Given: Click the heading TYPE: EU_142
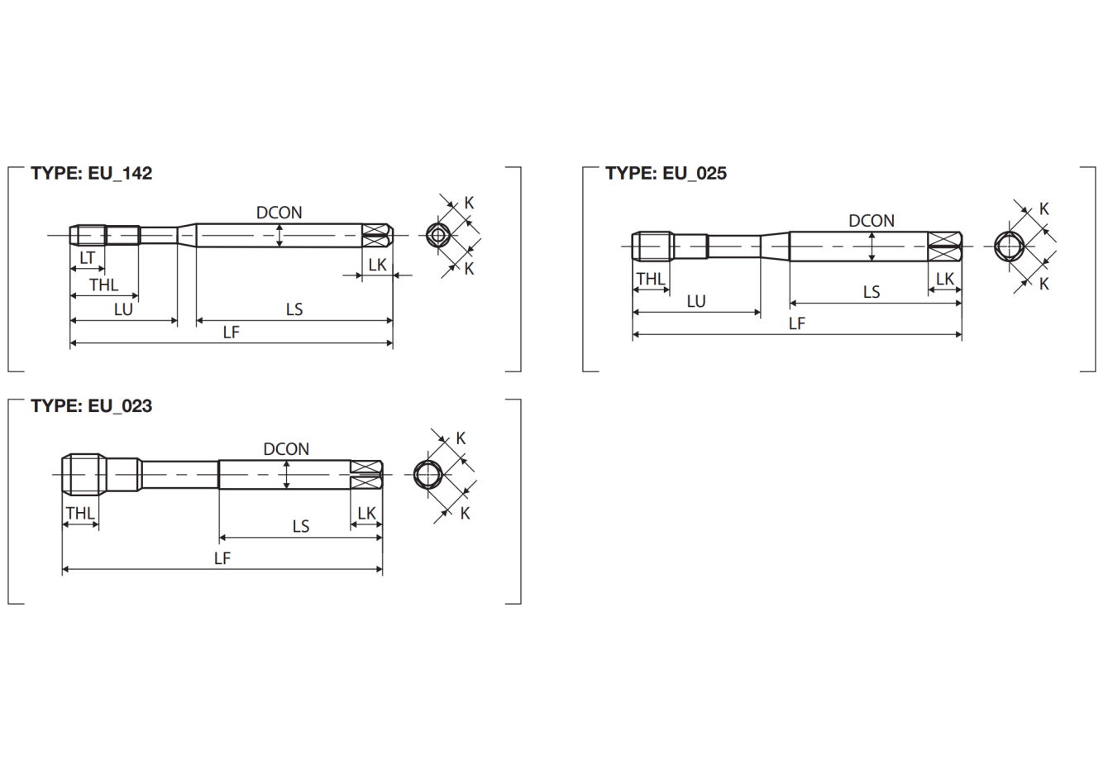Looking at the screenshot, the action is pos(92,173).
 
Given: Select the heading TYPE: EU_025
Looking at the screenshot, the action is pos(666,173).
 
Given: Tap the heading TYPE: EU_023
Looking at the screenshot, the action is pos(92,406).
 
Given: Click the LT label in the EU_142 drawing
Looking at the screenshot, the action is pos(87,257).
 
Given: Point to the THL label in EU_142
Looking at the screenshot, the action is pos(104,285).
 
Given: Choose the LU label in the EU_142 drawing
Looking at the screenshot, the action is pos(123,309).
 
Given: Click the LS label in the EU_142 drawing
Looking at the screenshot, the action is pos(294,309).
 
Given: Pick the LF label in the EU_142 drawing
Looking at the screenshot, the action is pos(231,332).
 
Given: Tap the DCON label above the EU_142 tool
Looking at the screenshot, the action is pos(279,213).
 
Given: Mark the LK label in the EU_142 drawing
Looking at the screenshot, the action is pos(377,265).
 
